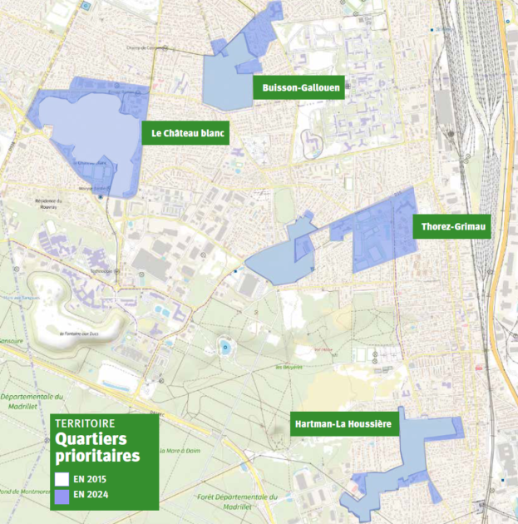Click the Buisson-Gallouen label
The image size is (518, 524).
298,88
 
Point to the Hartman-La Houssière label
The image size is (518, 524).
343,424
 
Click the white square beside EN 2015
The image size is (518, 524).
61,480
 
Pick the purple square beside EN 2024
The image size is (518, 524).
61,496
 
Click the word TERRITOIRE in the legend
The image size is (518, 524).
85,423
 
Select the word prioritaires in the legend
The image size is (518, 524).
97,456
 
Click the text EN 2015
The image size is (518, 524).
91,480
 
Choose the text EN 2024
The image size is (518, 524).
91,496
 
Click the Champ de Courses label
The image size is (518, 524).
146,47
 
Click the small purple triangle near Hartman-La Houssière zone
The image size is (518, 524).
435,492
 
